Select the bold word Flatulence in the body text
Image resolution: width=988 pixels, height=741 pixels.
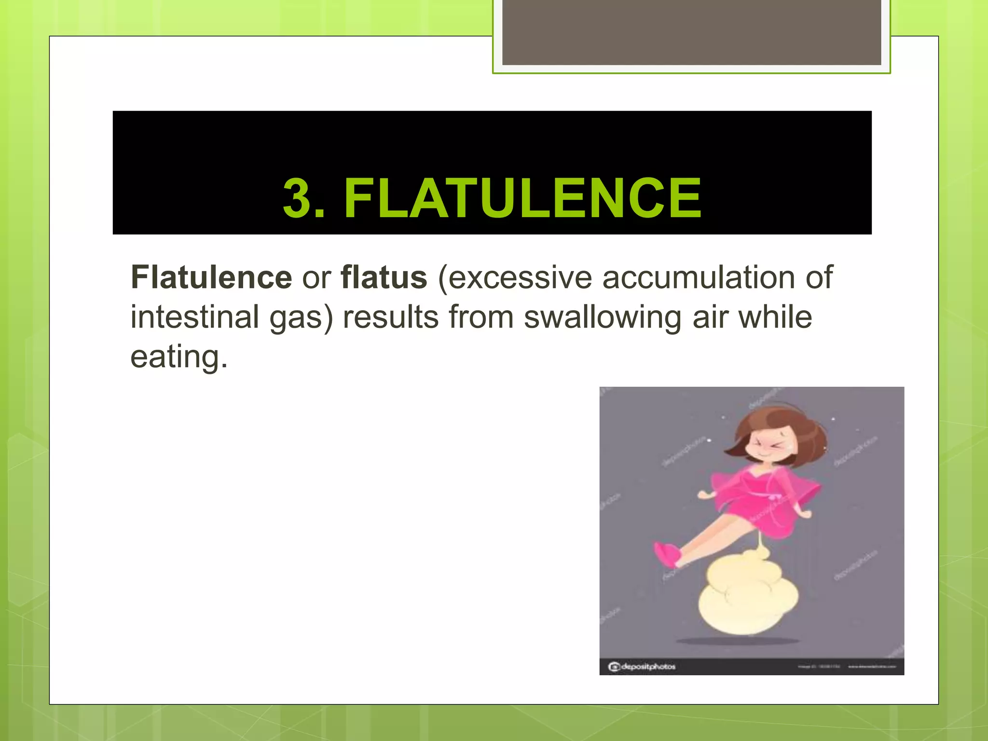pyautogui.click(x=211, y=277)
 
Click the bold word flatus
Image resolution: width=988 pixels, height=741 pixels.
pyautogui.click(x=384, y=277)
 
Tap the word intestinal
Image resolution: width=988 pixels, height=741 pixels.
pyautogui.click(x=195, y=317)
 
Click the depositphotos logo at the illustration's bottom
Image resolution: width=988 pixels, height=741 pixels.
pyautogui.click(x=642, y=667)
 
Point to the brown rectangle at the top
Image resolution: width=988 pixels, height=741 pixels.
pyautogui.click(x=691, y=32)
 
